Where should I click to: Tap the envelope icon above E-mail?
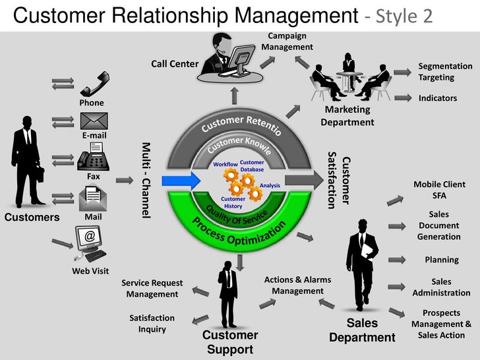coord(94,121)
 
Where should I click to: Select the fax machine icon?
coord(93,160)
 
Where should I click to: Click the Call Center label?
coord(175,64)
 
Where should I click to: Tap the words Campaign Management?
coord(287,42)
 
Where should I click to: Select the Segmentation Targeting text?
coord(445,72)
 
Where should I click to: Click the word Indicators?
coord(438,98)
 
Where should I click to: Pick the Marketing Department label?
coord(347,116)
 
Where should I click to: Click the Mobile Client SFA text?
coord(439,190)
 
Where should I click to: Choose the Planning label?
coord(441,260)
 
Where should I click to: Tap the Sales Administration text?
coord(441,287)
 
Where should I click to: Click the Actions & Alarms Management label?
coord(297,285)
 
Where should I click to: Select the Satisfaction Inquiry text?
coord(152,323)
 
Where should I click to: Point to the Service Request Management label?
coord(152,289)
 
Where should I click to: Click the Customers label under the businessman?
coord(32,218)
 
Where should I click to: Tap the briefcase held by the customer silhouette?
coord(41,173)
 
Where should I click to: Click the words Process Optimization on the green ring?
coord(240,233)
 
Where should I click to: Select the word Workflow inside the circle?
coord(225,164)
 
